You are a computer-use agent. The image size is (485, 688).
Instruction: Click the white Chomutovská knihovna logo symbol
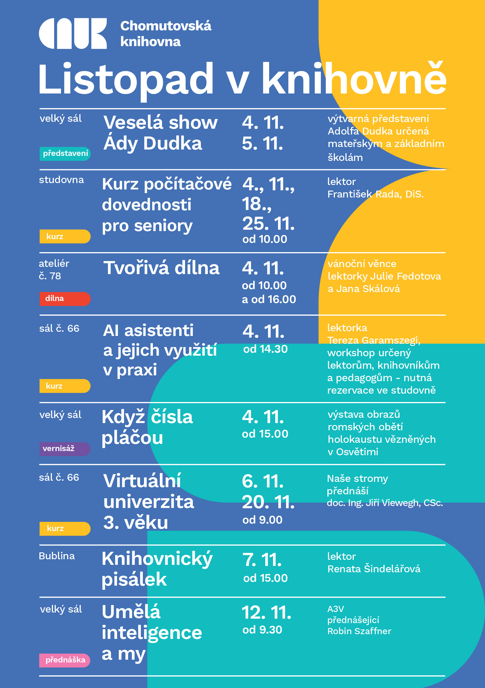pyautogui.click(x=73, y=33)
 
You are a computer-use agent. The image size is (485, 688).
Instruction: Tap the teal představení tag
pyautogui.click(x=65, y=154)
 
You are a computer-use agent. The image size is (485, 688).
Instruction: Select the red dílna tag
pyautogui.click(x=65, y=299)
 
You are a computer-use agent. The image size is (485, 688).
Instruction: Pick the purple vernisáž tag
pyautogui.click(x=65, y=449)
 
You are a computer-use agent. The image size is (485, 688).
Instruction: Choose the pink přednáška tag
pyautogui.click(x=65, y=660)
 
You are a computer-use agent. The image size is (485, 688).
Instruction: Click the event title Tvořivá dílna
pyautogui.click(x=161, y=268)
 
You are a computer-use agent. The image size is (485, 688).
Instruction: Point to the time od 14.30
pyautogui.click(x=265, y=349)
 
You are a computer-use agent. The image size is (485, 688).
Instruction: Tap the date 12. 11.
pyautogui.click(x=266, y=613)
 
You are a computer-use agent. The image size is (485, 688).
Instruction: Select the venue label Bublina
pyautogui.click(x=57, y=556)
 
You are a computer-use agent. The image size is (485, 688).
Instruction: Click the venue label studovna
pyautogui.click(x=61, y=180)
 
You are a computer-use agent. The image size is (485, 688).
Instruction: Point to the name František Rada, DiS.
pyautogui.click(x=375, y=194)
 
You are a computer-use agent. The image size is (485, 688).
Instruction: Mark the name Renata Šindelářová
pyautogui.click(x=374, y=569)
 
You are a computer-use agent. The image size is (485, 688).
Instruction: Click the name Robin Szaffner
pyautogui.click(x=359, y=631)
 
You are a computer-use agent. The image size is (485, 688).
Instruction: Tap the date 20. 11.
pyautogui.click(x=268, y=502)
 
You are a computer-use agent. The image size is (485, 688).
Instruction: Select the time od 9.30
pyautogui.click(x=262, y=630)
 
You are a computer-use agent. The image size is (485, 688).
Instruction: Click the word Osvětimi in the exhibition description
pyautogui.click(x=357, y=452)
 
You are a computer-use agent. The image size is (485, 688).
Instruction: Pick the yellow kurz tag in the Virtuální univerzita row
pyautogui.click(x=65, y=528)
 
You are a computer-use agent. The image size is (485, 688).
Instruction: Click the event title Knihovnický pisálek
pyautogui.click(x=157, y=569)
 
